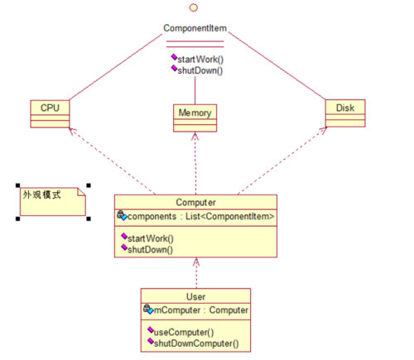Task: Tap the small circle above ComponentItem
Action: (193, 7)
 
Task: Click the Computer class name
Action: (195, 202)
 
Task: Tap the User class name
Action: (195, 295)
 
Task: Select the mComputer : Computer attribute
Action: (196, 310)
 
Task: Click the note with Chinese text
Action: (52, 201)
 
